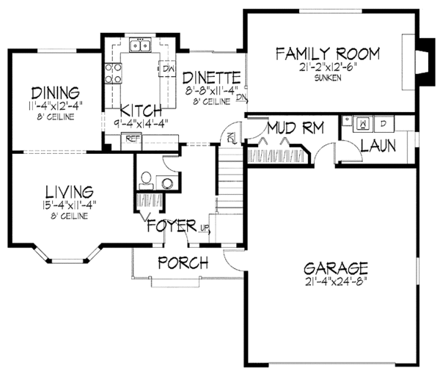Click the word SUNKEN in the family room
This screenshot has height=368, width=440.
pos(327,77)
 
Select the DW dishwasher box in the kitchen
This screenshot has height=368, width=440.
pos(167,69)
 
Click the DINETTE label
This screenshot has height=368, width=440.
pos(212,76)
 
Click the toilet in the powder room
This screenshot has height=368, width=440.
pos(146,177)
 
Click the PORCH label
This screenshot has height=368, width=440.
pos(183,262)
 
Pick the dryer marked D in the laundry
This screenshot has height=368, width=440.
pos(384,122)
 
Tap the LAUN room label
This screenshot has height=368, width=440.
pos(378,145)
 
